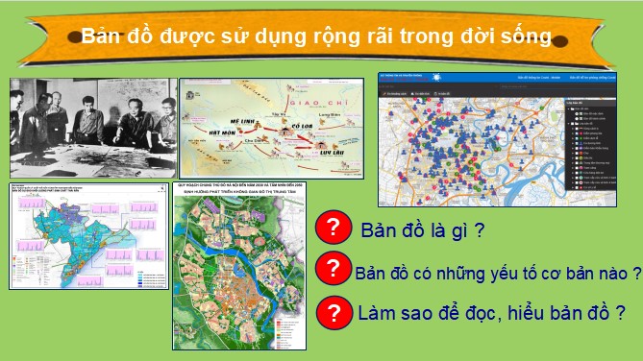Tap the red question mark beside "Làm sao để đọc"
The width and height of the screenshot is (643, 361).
click(330, 312)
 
